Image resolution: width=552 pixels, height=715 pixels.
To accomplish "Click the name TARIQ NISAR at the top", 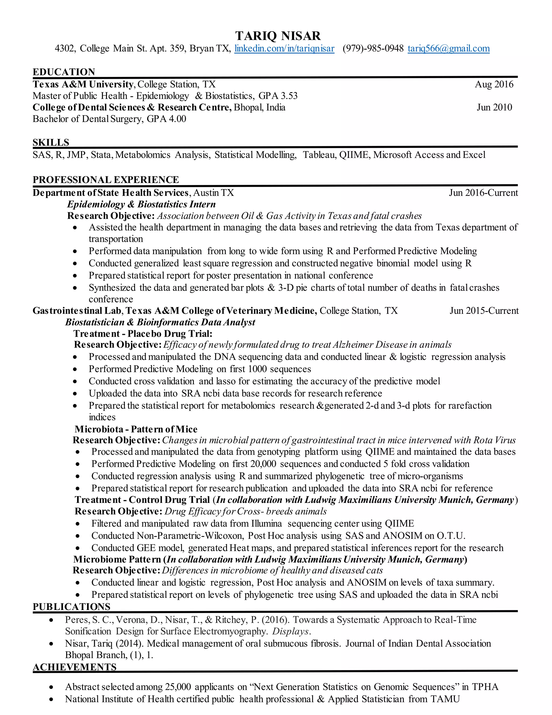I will tap(278, 36).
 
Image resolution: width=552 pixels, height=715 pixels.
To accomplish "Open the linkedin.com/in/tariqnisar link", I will tap(284, 49).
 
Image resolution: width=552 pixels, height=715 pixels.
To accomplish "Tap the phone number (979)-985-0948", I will tap(373, 49).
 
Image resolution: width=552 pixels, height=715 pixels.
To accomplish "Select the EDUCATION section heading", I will tap(64, 72).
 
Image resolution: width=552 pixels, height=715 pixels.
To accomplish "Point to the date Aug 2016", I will tap(494, 84).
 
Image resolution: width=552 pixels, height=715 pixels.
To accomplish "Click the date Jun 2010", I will tap(494, 107).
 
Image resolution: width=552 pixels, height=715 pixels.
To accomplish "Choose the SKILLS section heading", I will tap(51, 142).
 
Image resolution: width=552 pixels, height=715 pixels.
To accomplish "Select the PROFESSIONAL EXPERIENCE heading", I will tap(106, 180).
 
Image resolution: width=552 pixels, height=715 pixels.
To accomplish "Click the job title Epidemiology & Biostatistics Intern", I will tap(141, 204).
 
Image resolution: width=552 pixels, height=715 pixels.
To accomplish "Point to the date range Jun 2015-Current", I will tap(484, 310).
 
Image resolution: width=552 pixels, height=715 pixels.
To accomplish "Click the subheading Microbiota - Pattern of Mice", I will tap(136, 429).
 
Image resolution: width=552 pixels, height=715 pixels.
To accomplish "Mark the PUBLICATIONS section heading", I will tap(72, 606).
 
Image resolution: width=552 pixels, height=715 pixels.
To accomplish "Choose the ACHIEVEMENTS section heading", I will tap(75, 667).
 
